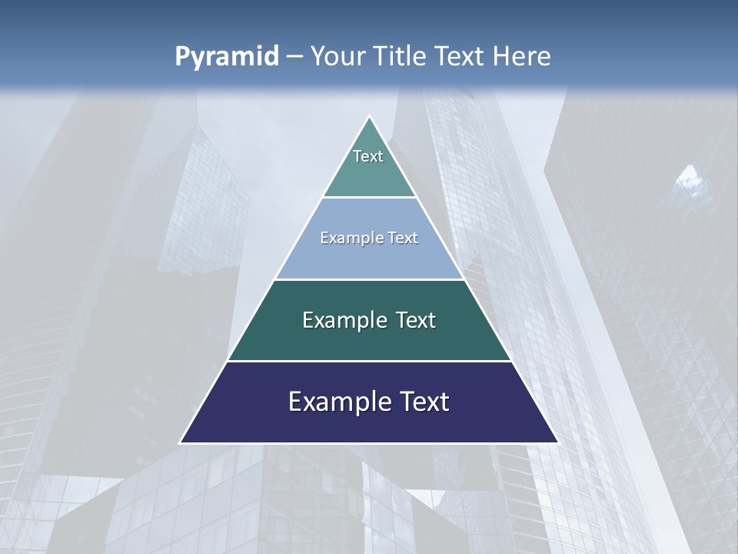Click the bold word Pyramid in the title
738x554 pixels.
(x=227, y=57)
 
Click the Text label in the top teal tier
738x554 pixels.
(x=368, y=156)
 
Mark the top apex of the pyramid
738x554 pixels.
(x=370, y=117)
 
